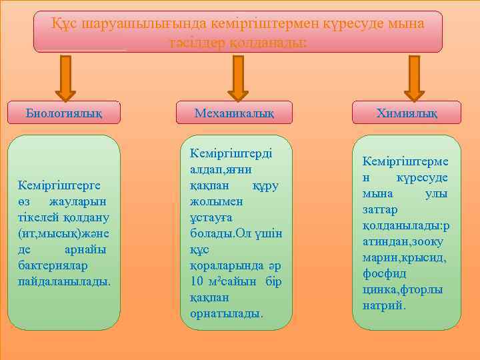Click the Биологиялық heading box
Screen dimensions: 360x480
click(x=63, y=112)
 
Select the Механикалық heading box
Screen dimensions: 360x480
click(x=234, y=113)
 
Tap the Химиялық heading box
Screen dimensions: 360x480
click(x=406, y=113)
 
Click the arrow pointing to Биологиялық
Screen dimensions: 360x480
click(x=65, y=77)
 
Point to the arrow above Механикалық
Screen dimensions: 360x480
click(x=237, y=77)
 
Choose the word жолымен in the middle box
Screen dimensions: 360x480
click(x=211, y=200)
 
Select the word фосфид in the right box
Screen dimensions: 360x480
click(x=384, y=274)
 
